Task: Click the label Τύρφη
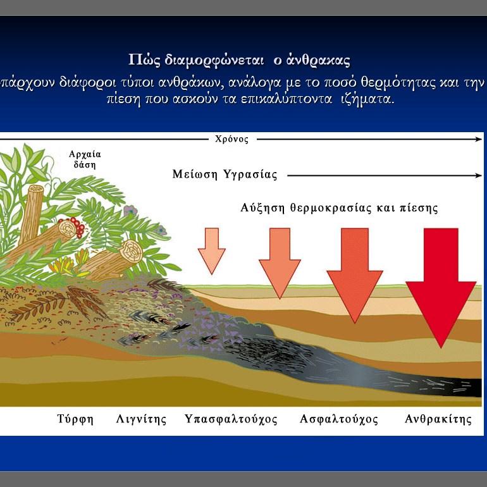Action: click(75, 419)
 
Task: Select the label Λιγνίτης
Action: click(141, 419)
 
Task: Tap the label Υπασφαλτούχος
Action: click(231, 419)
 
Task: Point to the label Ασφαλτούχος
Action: click(339, 419)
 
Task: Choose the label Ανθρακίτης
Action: click(438, 419)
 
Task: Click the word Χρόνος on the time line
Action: click(231, 139)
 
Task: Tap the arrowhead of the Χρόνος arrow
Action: click(478, 139)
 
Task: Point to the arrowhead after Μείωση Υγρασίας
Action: click(478, 175)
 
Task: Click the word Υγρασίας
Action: click(250, 175)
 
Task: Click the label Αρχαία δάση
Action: click(85, 159)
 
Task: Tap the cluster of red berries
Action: click(74, 226)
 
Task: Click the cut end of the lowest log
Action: click(132, 252)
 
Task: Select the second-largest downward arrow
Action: click(355, 275)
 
